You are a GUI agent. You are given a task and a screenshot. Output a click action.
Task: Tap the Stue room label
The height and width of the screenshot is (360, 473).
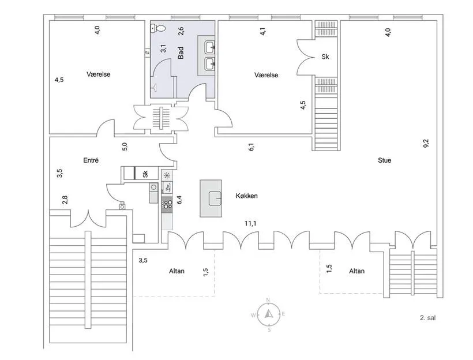click(384, 160)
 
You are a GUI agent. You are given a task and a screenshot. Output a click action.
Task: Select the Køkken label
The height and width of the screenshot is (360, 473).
click(246, 196)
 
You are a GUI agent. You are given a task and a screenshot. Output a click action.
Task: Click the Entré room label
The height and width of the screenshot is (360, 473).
click(91, 160)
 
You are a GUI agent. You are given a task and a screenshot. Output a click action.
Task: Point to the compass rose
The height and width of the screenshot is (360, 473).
click(268, 314)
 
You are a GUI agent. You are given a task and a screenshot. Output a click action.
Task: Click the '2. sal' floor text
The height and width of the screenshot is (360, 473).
click(428, 318)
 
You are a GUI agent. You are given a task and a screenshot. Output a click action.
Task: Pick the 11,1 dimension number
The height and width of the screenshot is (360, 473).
click(250, 224)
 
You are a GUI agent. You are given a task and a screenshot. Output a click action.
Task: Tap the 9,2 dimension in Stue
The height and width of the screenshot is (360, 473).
click(426, 143)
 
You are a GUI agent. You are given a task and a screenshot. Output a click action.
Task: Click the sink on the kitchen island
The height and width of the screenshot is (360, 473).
click(215, 198)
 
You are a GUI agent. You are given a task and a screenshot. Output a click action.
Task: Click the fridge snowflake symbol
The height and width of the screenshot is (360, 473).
click(167, 175)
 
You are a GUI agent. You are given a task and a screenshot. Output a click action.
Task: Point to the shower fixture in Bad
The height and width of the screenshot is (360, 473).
click(155, 87)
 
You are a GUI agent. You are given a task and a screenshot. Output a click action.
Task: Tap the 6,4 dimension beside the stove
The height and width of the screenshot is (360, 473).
click(180, 200)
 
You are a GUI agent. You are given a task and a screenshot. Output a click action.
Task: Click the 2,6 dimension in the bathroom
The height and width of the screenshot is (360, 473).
click(181, 31)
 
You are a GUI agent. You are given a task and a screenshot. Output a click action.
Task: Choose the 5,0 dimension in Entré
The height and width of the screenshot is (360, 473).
click(125, 147)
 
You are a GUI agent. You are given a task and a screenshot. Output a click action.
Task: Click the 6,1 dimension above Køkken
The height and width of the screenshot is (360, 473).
click(251, 147)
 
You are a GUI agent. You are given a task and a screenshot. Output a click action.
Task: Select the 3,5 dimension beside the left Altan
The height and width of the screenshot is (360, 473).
click(143, 260)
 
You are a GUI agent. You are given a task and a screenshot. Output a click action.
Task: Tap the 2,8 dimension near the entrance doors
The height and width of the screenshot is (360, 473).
click(65, 200)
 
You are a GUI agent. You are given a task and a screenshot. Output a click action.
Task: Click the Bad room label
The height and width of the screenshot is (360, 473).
click(181, 53)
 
